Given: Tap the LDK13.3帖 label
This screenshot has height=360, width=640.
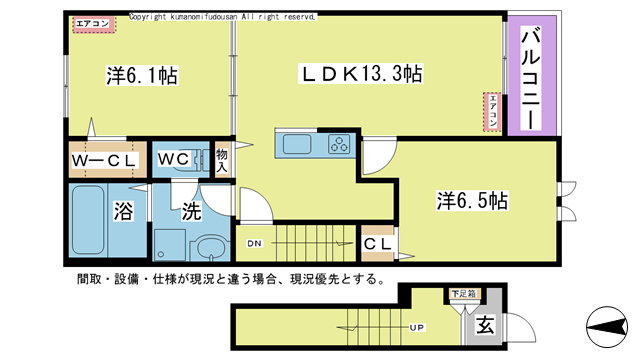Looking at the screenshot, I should coord(362,73).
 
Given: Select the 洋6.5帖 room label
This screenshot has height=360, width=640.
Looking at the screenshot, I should coord(472,200).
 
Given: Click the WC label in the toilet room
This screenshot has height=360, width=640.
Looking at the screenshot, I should coord(168,159).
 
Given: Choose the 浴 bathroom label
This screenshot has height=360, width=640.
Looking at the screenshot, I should coord(124,211).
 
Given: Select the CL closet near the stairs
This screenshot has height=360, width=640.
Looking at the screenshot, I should coord(376,243).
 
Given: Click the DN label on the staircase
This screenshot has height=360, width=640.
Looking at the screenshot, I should coord(256,243).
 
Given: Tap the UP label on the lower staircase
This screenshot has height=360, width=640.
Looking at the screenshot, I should coord(414,326).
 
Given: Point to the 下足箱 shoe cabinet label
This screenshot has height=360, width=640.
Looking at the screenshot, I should coord(461,295).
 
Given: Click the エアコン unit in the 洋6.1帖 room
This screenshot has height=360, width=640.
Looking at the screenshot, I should coord(93,23).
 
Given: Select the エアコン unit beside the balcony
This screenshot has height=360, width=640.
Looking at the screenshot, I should coord(493,111).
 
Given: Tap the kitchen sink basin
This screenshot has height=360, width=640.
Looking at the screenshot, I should coord(298,145).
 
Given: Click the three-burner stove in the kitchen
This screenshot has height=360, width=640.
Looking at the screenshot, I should coord(339,144).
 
